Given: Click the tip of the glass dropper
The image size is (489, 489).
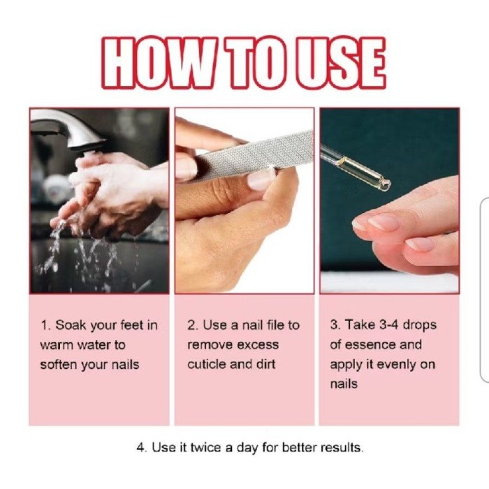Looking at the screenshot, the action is pos(387,185).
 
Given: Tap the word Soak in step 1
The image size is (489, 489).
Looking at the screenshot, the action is pos(71,326).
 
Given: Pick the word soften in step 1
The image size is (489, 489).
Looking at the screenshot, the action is pos(59,364).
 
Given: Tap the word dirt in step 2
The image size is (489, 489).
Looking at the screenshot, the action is pos(266,364).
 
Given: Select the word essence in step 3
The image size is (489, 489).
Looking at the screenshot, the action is pos(370,344).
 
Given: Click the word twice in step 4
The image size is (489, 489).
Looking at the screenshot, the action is pos(206,448).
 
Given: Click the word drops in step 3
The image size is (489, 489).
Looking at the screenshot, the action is pos(419,326).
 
